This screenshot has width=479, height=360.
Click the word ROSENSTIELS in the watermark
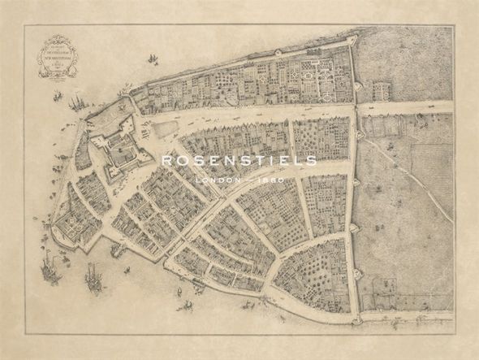(239, 161)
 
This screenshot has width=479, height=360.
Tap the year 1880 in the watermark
(270, 179)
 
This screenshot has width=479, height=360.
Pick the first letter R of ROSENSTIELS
(166, 161)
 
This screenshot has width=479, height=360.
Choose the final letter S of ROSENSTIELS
(312, 161)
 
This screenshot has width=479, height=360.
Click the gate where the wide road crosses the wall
(356, 106)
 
